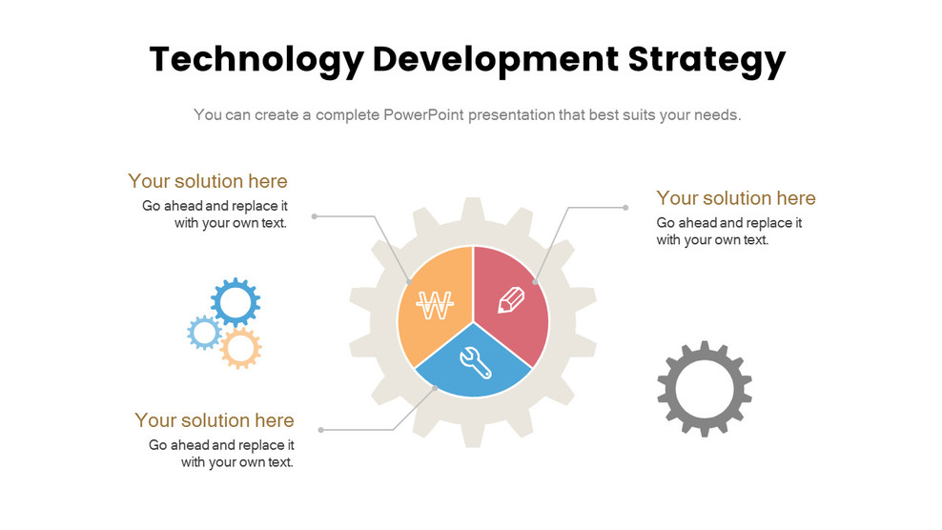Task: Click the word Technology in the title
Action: [x=256, y=59]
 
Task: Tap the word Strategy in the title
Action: [x=707, y=59]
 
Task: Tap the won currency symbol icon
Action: [x=435, y=306]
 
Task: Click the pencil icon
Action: [x=512, y=300]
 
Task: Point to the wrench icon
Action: [x=473, y=359]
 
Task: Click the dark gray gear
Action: [x=705, y=389]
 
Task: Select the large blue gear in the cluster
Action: [x=235, y=302]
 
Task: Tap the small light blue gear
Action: [x=204, y=333]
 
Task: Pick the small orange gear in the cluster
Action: [x=240, y=349]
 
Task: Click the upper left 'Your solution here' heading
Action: [x=208, y=181]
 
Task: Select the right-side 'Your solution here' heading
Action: [x=736, y=198]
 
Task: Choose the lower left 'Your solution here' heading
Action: [x=215, y=420]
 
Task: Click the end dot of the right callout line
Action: [x=625, y=207]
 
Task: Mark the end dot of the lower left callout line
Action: [x=320, y=430]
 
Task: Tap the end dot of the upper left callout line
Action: [x=315, y=216]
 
